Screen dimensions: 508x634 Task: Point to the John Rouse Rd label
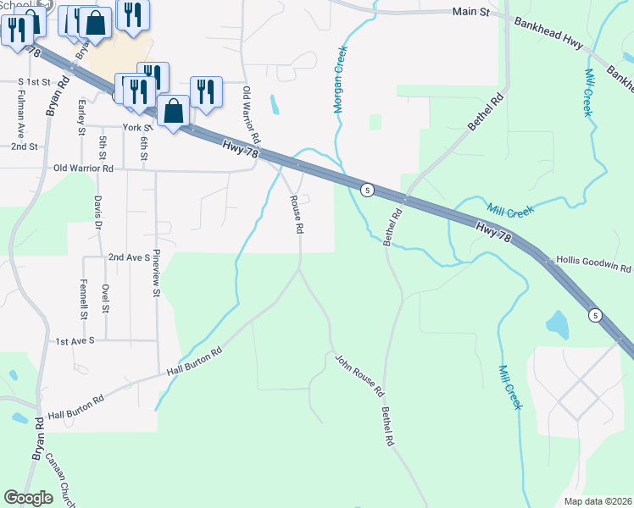tap(359, 377)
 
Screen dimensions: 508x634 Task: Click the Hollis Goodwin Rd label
tap(593, 265)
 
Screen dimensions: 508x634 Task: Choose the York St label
tap(136, 127)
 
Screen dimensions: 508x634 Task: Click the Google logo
tap(29, 498)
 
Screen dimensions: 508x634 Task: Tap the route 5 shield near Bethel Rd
tap(366, 189)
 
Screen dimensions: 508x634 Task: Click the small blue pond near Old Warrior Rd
tap(274, 105)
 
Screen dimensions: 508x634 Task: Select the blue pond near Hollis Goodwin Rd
tap(557, 323)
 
